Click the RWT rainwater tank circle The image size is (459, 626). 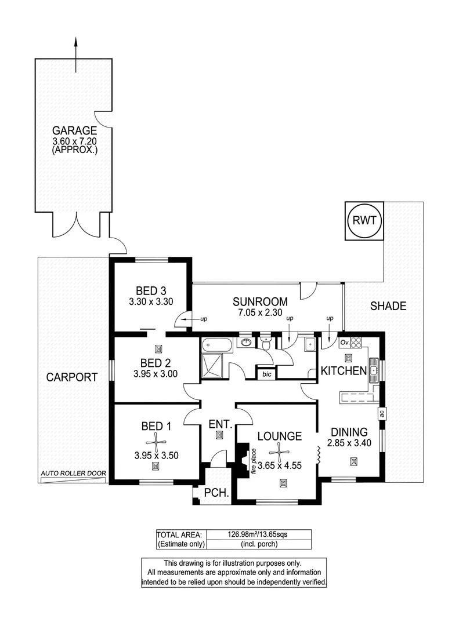(364, 221)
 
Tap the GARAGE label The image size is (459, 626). (74, 130)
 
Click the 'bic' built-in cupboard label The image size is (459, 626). (267, 374)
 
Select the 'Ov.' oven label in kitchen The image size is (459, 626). (344, 342)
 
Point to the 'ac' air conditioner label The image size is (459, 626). (381, 413)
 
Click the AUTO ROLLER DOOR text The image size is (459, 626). (73, 474)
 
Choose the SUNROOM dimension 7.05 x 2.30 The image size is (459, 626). (260, 312)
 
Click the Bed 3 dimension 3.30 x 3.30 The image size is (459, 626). (151, 301)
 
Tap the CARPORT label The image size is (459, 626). (72, 377)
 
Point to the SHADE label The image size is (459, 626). (388, 306)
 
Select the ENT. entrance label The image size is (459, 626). (219, 424)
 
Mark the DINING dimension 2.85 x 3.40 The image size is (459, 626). (349, 443)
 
